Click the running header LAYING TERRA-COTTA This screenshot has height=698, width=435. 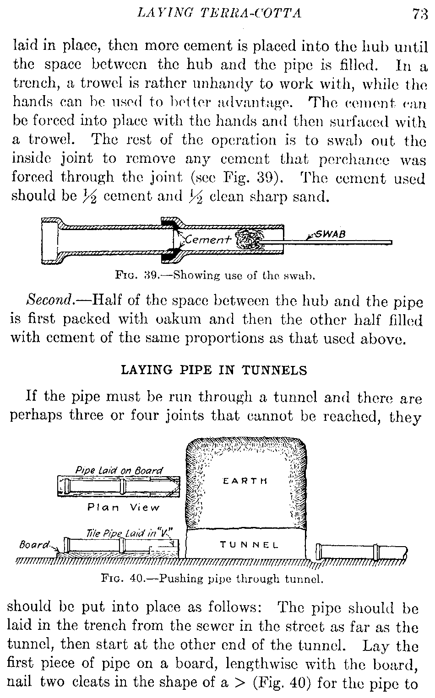[219, 13]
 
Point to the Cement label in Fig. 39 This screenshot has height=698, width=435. [208, 240]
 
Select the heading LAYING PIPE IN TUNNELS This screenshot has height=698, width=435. [213, 370]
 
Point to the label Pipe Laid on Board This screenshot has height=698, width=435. [119, 470]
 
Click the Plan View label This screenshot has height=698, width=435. [124, 507]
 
